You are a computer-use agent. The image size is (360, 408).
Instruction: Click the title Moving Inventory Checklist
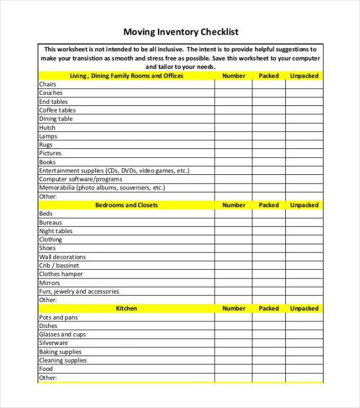(x=181, y=32)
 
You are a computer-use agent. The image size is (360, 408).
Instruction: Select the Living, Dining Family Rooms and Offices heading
(x=126, y=76)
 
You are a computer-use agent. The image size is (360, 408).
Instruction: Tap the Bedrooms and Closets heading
(x=126, y=205)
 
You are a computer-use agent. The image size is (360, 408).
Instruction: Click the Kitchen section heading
(x=126, y=308)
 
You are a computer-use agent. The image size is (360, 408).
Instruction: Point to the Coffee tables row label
(x=58, y=110)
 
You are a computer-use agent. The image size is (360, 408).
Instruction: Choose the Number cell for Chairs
(x=234, y=84)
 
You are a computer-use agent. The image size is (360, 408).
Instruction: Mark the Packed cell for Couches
(x=269, y=93)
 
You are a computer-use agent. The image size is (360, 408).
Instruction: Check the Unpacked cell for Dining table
(x=304, y=119)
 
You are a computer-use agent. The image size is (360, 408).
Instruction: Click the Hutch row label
(x=47, y=128)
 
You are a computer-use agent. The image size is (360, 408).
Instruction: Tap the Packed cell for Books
(x=269, y=162)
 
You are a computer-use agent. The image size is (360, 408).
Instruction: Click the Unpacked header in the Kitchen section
(x=304, y=308)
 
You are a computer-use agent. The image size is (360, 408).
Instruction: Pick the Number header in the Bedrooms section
(x=234, y=205)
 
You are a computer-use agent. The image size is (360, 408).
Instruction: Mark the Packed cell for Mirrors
(x=269, y=283)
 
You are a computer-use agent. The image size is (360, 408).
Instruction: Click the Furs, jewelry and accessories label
(x=79, y=291)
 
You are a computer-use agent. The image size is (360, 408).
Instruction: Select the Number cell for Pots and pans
(x=234, y=317)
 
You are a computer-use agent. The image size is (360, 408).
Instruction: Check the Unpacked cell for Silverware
(x=304, y=343)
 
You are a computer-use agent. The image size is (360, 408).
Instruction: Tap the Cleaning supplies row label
(x=63, y=360)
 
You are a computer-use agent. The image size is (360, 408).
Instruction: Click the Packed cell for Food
(x=269, y=369)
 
